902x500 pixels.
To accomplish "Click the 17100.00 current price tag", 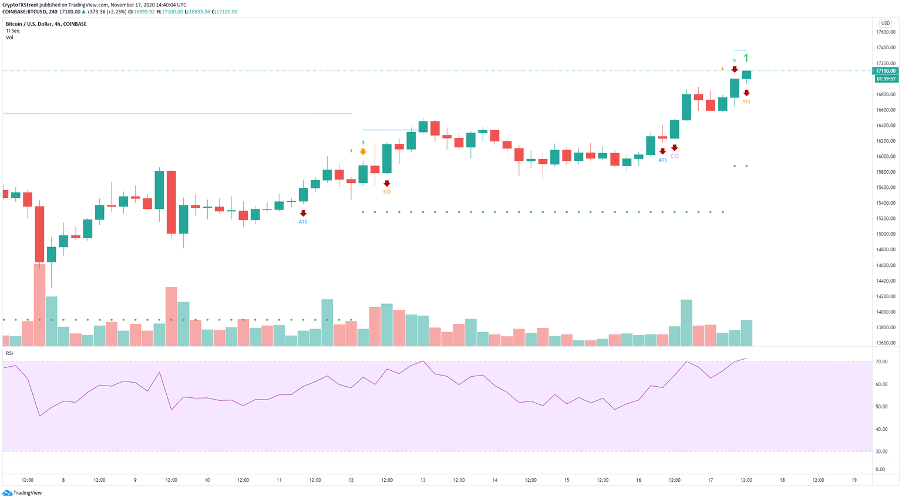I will click(886, 71).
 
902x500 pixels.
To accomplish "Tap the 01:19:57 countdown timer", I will click(886, 79).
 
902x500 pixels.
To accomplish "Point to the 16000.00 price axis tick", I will click(886, 157).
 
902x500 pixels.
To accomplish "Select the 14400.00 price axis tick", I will click(886, 281).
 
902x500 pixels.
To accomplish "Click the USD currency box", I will click(885, 23).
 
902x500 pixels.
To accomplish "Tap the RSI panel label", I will click(9, 353).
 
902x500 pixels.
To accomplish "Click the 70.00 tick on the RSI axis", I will click(881, 362).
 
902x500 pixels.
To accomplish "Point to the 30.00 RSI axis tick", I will click(881, 452).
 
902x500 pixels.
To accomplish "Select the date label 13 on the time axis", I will click(423, 480).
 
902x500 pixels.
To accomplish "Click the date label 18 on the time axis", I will click(782, 480).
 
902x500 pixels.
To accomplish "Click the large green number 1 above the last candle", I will click(746, 58).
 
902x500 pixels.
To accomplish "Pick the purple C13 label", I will click(675, 156).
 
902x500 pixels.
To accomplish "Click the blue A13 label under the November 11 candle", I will click(303, 221).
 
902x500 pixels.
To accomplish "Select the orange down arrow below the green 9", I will click(363, 151).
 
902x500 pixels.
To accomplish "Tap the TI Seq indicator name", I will click(12, 31).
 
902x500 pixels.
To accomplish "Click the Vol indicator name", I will click(9, 38).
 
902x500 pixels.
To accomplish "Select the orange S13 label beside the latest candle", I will click(746, 102).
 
